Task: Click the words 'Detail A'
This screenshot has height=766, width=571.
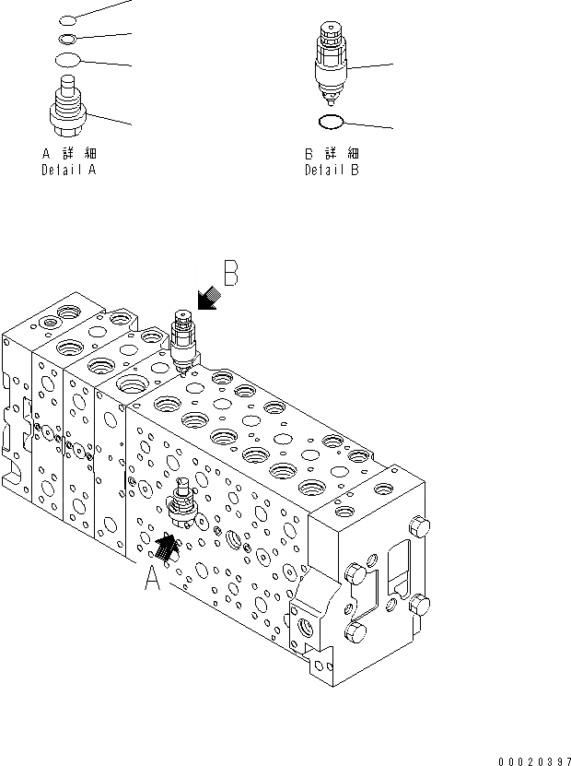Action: pos(68,171)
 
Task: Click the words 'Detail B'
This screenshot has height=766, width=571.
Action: pos(332,171)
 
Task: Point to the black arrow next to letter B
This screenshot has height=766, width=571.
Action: pos(208,300)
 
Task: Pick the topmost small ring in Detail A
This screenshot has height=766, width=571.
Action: pos(66,18)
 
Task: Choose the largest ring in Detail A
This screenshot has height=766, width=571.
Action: pos(66,60)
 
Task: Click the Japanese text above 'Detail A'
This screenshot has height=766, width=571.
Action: pos(68,154)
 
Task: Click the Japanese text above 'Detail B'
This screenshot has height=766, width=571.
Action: pos(332,154)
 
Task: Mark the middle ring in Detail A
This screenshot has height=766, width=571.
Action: pos(66,38)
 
